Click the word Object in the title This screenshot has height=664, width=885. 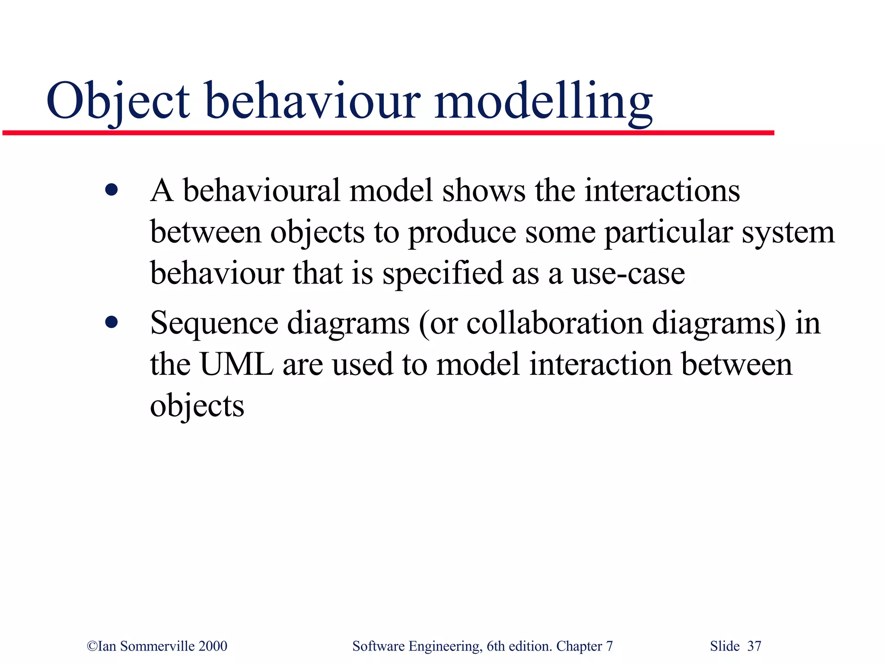tap(118, 102)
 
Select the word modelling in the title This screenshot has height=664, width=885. tap(543, 102)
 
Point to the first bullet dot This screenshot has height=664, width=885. tap(111, 190)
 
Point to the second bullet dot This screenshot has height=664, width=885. tap(111, 322)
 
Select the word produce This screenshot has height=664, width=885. tap(462, 233)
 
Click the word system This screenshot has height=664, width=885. tap(788, 233)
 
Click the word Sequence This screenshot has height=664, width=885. tap(214, 323)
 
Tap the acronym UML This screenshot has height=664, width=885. tap(236, 364)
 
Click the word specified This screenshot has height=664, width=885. tap(442, 274)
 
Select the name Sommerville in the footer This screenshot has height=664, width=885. tap(157, 646)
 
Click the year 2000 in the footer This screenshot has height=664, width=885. tap(213, 646)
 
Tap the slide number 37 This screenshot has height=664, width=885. tap(754, 646)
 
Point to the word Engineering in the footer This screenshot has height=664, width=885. tap(445, 646)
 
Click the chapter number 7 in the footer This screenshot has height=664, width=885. tap(609, 646)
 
